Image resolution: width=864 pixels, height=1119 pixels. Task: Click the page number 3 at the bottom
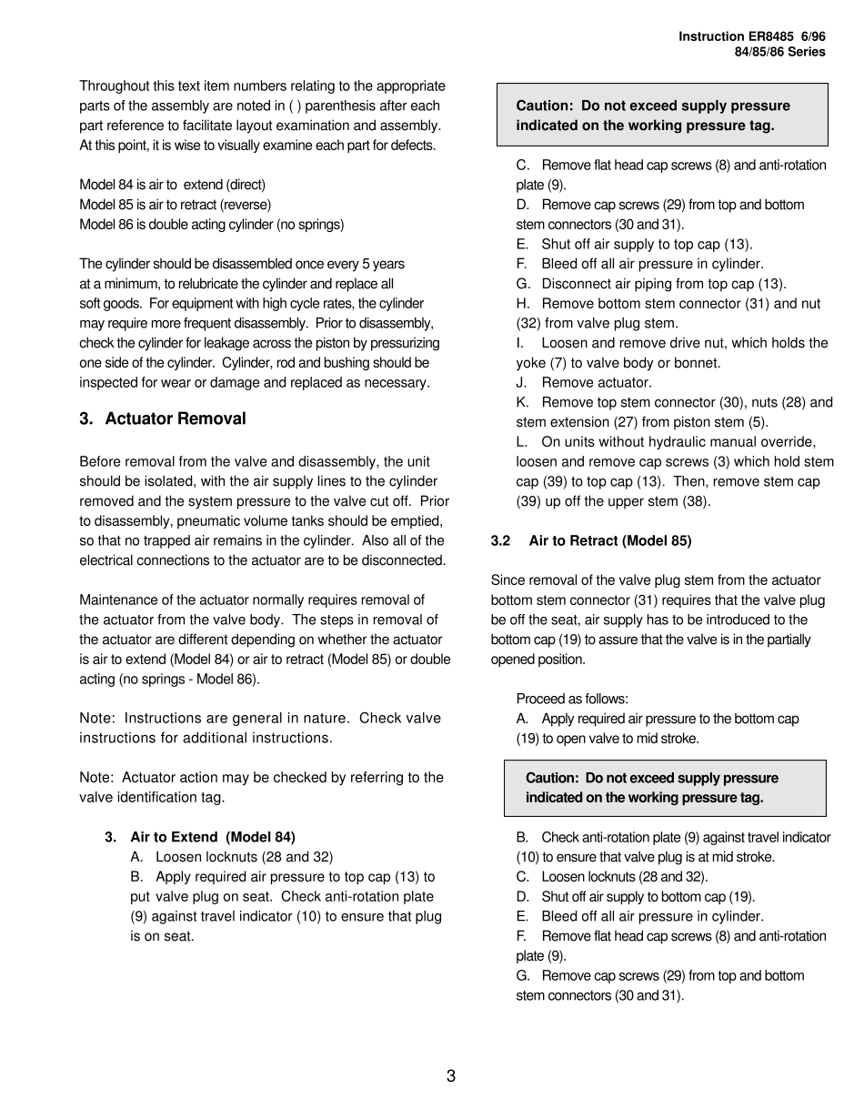[x=451, y=1076]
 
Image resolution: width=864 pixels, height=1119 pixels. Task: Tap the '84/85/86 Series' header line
[x=779, y=52]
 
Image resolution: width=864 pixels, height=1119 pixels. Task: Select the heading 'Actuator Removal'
[x=175, y=418]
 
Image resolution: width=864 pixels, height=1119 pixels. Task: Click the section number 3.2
[x=500, y=540]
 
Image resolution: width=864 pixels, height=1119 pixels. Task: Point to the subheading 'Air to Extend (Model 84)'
[x=213, y=837]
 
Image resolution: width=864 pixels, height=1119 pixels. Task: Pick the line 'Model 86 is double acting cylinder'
[x=211, y=224]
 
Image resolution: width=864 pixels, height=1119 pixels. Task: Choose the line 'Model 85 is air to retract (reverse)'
[x=175, y=204]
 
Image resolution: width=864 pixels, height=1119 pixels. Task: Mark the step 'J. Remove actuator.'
[x=584, y=383]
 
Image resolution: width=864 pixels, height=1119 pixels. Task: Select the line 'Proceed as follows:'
[x=572, y=699]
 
